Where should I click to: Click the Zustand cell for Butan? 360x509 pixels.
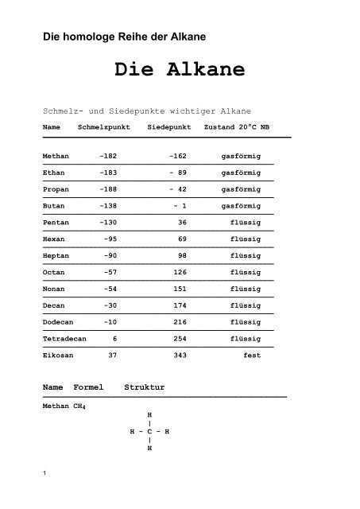tap(241, 205)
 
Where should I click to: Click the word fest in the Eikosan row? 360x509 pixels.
tap(252, 354)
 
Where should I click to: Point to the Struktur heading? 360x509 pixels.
tap(145, 387)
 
